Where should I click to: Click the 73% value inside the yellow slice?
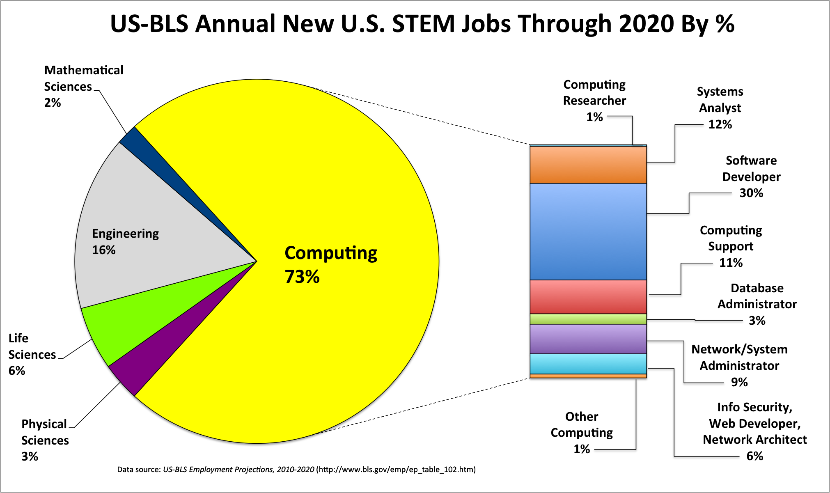[302, 277]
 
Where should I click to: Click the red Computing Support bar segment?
[588, 297]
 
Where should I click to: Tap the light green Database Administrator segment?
[588, 319]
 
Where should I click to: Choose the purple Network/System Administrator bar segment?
[588, 339]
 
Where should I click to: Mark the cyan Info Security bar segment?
[588, 364]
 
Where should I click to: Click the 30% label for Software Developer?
[751, 193]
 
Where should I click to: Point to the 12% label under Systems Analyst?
[720, 124]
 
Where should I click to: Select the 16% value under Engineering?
[104, 250]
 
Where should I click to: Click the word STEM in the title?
[423, 24]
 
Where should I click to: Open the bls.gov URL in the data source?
[396, 469]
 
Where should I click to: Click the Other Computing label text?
[582, 424]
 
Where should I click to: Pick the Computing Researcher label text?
[594, 92]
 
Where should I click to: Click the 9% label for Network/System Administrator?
[739, 382]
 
